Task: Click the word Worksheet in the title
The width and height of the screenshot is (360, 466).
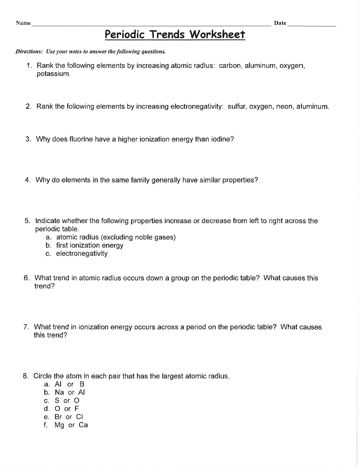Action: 217,35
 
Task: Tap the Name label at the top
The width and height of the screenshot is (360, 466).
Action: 23,23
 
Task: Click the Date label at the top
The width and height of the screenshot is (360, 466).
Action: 280,23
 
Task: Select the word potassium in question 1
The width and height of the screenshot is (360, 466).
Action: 53,74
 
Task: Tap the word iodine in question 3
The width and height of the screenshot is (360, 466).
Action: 222,139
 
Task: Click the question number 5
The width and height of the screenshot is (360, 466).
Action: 27,221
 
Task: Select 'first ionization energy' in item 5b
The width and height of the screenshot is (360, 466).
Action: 90,245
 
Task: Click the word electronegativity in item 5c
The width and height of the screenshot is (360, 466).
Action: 82,254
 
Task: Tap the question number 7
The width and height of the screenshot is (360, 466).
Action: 26,327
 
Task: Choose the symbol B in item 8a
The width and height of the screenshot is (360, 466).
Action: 82,384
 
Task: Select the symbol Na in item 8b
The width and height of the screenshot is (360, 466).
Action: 59,392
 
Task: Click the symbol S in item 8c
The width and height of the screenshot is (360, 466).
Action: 57,400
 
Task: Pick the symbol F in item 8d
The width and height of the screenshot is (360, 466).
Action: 77,409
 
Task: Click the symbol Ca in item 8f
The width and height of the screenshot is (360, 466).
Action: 83,425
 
